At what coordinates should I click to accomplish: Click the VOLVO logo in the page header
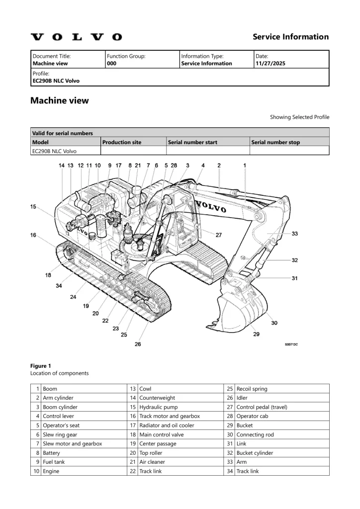(x=76, y=37)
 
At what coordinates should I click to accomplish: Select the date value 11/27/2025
(x=270, y=64)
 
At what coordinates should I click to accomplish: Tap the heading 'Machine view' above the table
(x=60, y=100)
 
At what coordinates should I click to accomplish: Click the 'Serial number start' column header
(x=192, y=142)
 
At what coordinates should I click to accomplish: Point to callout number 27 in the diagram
(x=218, y=235)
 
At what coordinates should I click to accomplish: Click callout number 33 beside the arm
(x=294, y=233)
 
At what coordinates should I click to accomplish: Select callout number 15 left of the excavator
(x=33, y=207)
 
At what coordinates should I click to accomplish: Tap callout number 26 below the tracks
(x=138, y=344)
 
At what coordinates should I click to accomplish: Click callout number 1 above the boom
(x=244, y=165)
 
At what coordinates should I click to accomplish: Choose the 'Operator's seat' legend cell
(x=61, y=425)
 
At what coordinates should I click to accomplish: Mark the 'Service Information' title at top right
(x=290, y=37)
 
